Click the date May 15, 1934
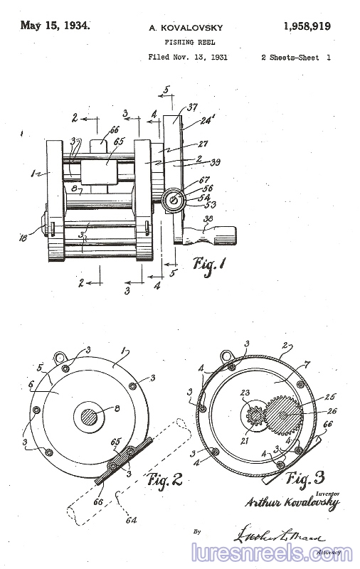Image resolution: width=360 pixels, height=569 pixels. [55, 26]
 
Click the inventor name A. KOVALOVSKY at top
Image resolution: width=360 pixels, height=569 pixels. [186, 28]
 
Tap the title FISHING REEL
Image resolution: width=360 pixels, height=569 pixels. [186, 43]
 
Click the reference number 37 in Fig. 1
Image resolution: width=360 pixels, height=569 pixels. [191, 107]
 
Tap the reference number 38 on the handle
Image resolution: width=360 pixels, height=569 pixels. [208, 220]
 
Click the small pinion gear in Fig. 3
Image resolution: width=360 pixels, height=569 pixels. [256, 415]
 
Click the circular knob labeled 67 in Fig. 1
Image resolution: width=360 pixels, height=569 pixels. [173, 200]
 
